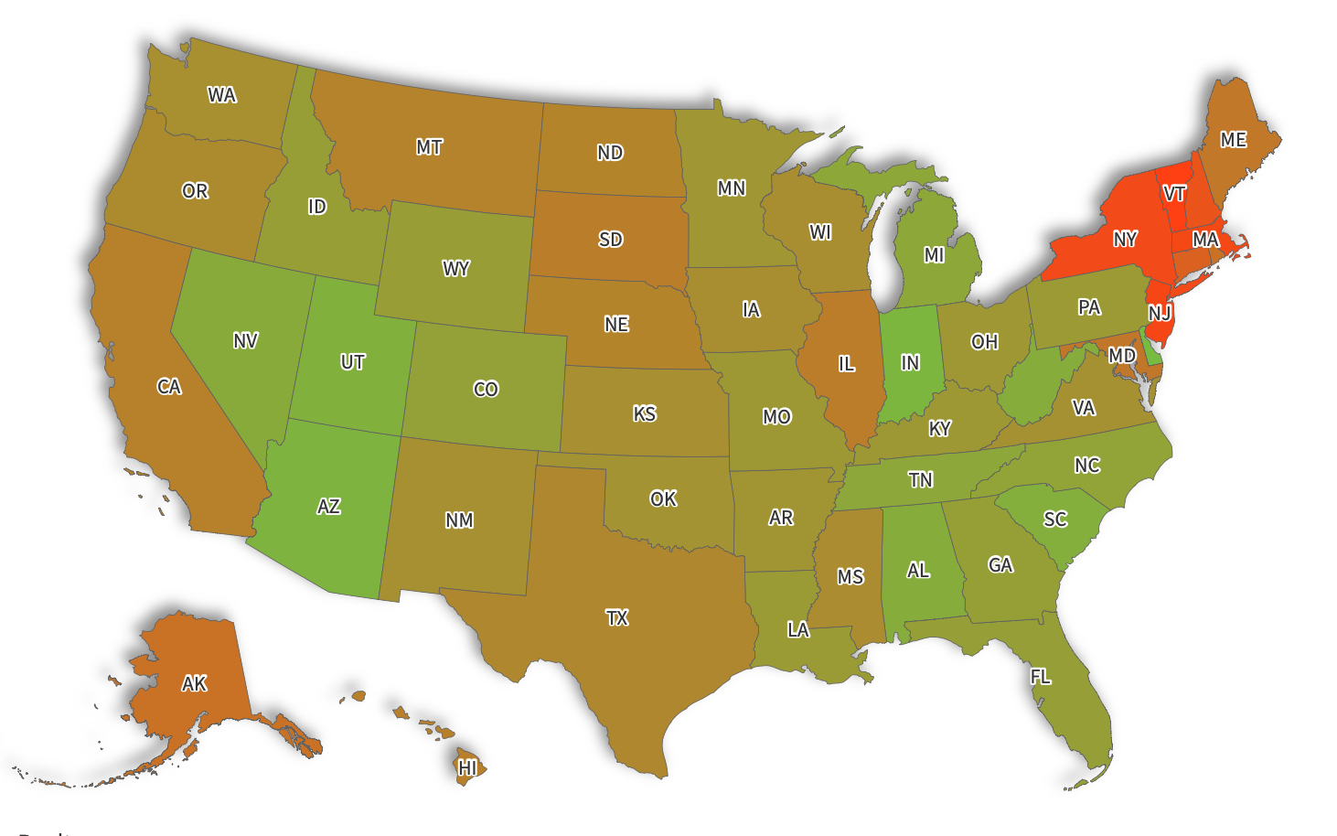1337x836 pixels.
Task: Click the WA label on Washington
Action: click(x=221, y=95)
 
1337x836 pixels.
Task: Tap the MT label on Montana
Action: click(x=429, y=147)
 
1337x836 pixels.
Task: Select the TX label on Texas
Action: click(x=617, y=618)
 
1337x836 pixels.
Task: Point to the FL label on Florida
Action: click(x=1040, y=677)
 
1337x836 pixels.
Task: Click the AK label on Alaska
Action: click(x=194, y=683)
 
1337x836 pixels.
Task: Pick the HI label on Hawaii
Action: click(x=467, y=767)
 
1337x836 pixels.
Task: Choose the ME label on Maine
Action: click(x=1233, y=140)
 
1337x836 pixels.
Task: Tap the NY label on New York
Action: click(x=1125, y=240)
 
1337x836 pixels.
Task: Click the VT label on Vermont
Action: click(x=1174, y=193)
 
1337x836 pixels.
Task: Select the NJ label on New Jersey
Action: click(x=1160, y=313)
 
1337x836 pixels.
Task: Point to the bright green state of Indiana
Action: click(x=910, y=363)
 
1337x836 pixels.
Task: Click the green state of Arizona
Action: click(x=329, y=507)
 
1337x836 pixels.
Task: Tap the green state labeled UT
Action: click(x=353, y=362)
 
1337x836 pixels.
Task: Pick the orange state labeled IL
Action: click(x=847, y=364)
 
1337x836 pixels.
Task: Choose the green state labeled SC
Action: click(x=1055, y=520)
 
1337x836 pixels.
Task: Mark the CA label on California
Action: click(x=169, y=387)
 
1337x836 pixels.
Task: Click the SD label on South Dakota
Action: click(x=610, y=240)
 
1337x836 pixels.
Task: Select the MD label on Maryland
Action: click(x=1121, y=355)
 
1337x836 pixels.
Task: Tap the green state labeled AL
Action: click(x=918, y=571)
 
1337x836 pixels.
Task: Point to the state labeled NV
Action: click(x=245, y=341)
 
